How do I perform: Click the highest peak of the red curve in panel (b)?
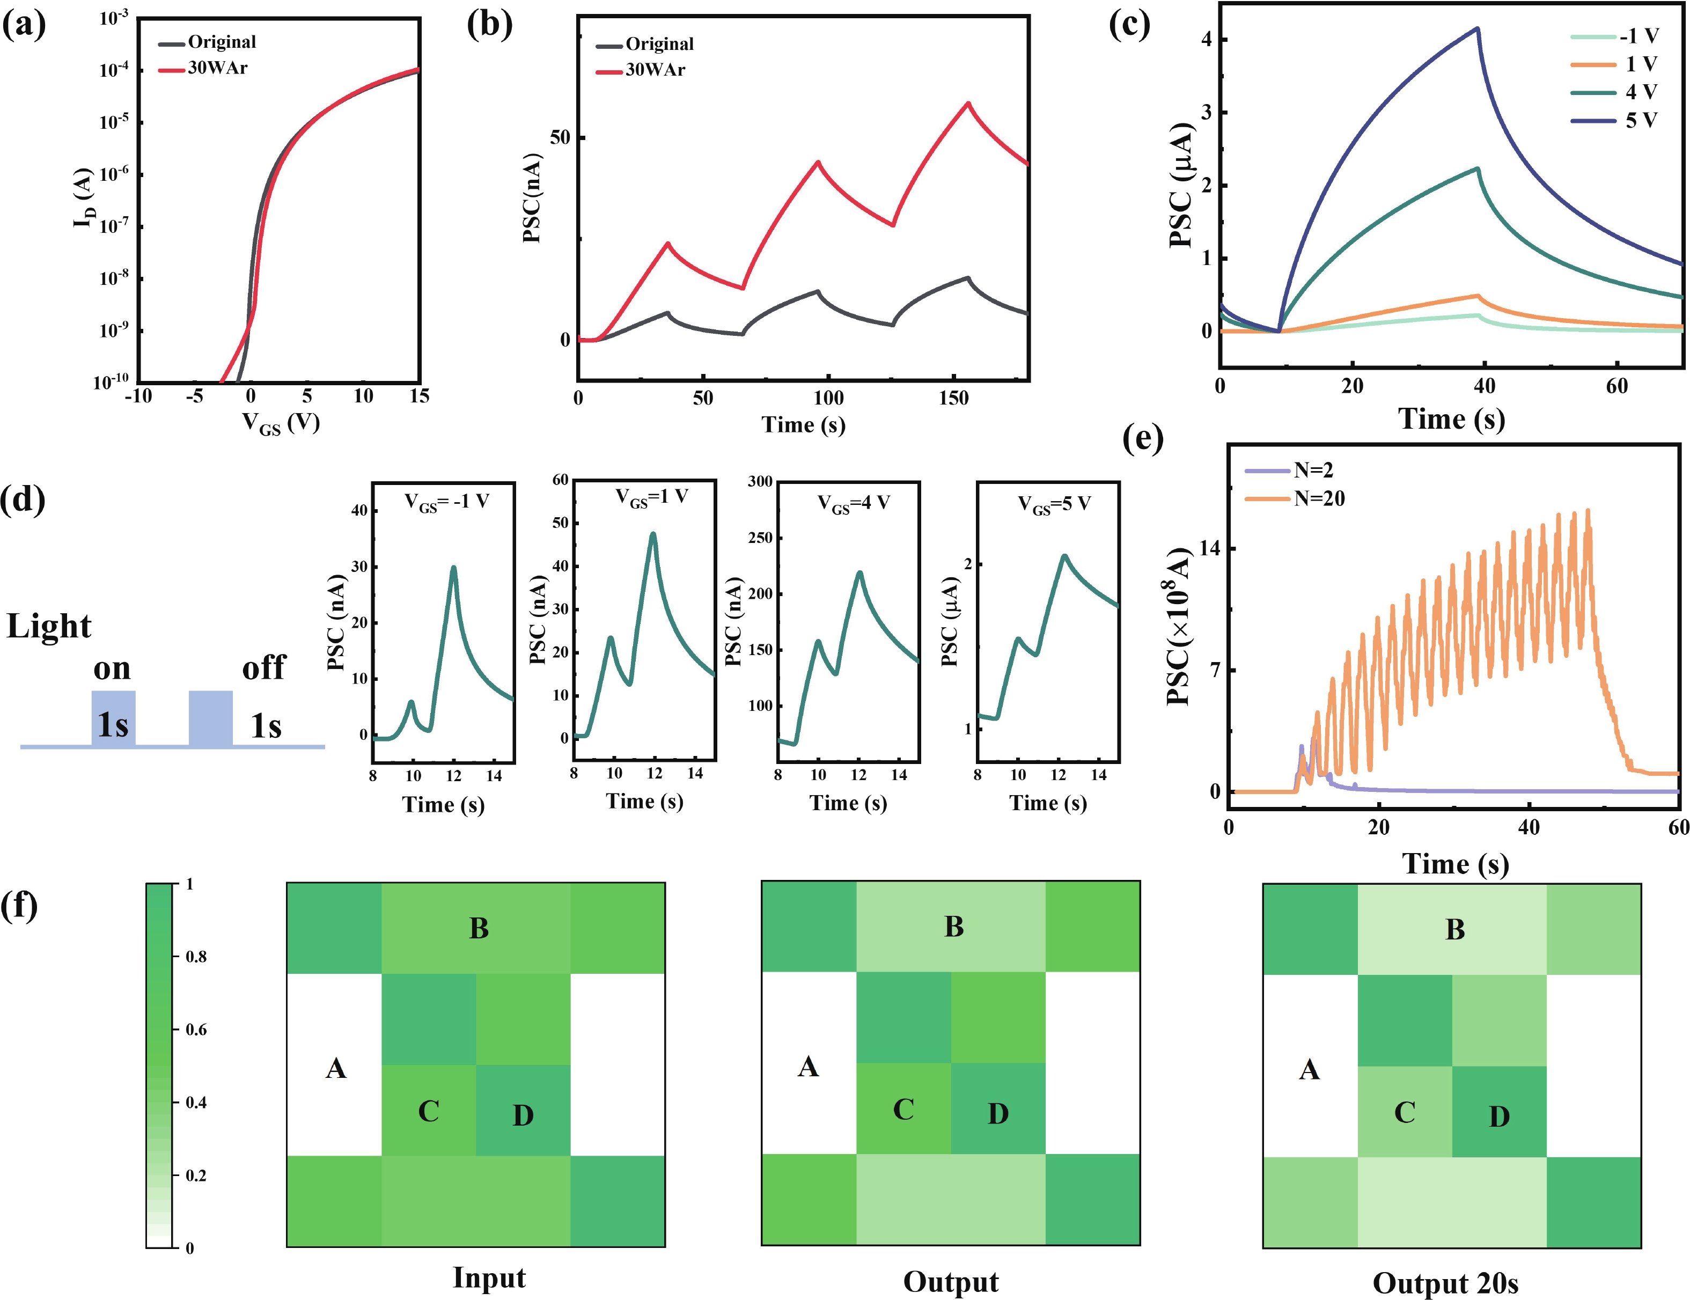point(967,103)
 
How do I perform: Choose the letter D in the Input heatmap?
point(523,1115)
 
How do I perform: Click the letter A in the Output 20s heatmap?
point(1309,1070)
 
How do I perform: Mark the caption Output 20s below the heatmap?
point(1445,1284)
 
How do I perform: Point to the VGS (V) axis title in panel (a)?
point(280,423)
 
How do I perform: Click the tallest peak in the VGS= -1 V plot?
point(453,568)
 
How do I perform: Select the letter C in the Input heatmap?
point(429,1111)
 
